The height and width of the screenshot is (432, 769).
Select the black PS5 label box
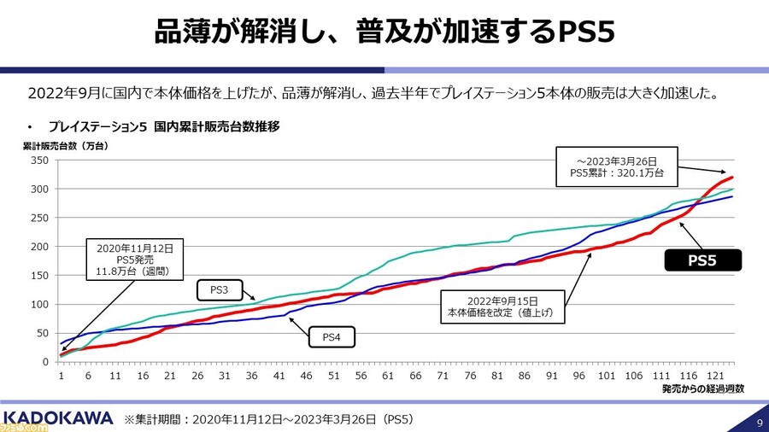(702, 260)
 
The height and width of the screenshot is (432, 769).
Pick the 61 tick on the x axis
(388, 375)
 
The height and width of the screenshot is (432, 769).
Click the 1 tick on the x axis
(62, 375)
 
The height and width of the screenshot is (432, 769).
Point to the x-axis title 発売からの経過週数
(703, 388)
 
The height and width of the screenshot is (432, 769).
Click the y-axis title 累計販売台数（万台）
(66, 145)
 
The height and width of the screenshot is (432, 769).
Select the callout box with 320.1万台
(614, 166)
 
